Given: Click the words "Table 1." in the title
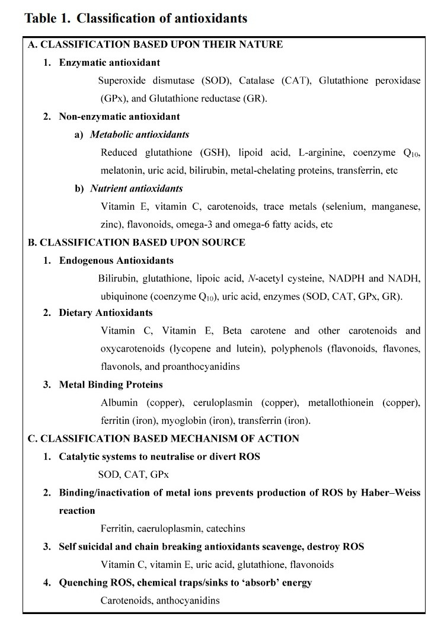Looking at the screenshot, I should (x=48, y=18).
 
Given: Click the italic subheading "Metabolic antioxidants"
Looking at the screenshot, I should (x=139, y=135).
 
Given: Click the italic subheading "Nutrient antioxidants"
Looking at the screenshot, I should (x=136, y=188).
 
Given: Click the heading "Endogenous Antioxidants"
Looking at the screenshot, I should (x=116, y=261).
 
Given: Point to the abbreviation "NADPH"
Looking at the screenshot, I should (x=346, y=279).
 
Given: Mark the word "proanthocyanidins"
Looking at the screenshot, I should (x=201, y=366).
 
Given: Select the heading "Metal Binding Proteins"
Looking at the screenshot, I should (x=111, y=385).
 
